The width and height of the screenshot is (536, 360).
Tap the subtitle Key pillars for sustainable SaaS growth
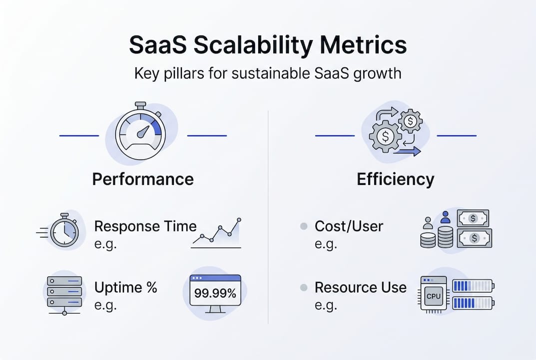click(x=268, y=73)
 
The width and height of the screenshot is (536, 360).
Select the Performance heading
click(x=143, y=179)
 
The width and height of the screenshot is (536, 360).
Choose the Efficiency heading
click(x=396, y=179)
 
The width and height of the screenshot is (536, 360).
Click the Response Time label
click(x=145, y=226)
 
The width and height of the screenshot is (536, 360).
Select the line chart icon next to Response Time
click(x=216, y=233)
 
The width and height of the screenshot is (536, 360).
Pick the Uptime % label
click(x=126, y=287)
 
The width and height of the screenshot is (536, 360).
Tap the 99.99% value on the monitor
click(x=215, y=293)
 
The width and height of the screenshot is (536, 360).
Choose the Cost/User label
click(x=349, y=226)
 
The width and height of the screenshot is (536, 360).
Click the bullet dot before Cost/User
click(x=303, y=226)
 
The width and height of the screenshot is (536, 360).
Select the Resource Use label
click(x=360, y=287)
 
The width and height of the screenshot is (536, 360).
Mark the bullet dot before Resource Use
click(x=303, y=288)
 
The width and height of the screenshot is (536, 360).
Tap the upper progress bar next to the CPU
click(x=472, y=285)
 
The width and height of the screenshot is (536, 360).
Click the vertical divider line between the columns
click(x=268, y=215)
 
